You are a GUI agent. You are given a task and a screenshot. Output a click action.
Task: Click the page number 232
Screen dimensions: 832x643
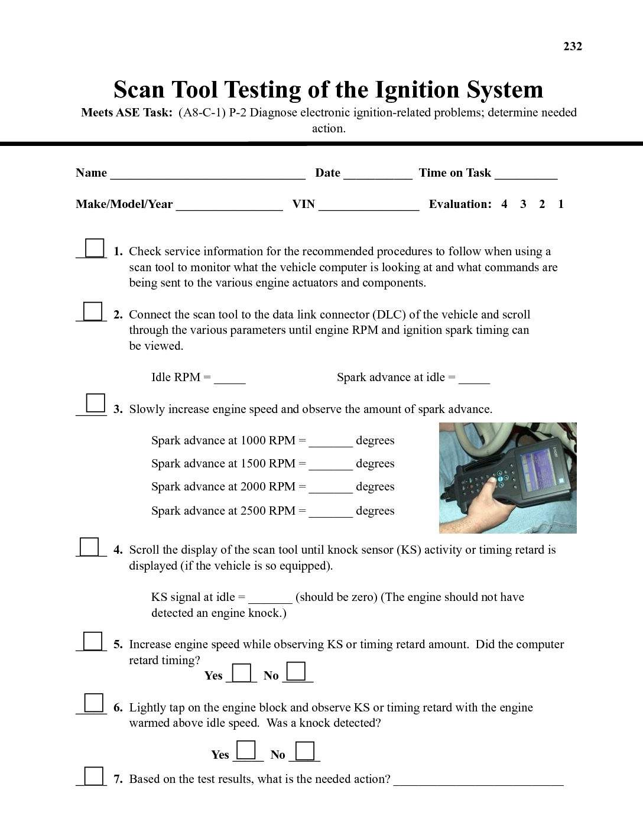tap(572, 47)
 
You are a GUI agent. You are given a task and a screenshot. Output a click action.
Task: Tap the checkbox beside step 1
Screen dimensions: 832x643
tap(94, 248)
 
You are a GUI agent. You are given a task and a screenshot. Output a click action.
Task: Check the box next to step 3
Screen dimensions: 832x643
tap(95, 403)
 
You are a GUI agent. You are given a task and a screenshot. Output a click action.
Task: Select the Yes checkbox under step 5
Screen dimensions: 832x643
tap(241, 673)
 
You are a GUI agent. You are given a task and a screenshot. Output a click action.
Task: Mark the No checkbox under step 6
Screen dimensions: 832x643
tap(304, 751)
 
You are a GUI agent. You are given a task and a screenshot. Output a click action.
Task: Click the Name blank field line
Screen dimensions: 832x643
tap(207, 175)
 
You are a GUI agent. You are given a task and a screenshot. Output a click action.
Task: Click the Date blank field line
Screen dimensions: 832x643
tap(378, 175)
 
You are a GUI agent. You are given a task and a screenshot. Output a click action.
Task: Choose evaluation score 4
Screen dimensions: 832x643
tap(504, 204)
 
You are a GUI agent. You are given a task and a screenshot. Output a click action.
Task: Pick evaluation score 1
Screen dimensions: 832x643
tap(561, 204)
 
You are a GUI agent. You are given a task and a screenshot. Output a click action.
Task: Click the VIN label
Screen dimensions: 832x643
tap(303, 204)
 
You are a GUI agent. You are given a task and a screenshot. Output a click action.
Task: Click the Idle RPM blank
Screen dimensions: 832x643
tap(229, 380)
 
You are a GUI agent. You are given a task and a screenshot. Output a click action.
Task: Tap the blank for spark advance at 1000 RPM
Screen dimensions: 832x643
tap(330, 443)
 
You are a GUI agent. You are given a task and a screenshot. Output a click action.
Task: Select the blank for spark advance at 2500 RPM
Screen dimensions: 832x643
tap(330, 513)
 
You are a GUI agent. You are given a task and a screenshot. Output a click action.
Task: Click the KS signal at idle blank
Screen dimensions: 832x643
tap(270, 600)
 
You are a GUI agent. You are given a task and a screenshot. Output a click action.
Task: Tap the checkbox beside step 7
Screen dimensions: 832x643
tap(93, 775)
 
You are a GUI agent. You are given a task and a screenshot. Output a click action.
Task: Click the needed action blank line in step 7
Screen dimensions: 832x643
tap(478, 782)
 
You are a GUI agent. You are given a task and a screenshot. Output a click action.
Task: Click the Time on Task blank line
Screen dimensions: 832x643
tap(526, 175)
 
